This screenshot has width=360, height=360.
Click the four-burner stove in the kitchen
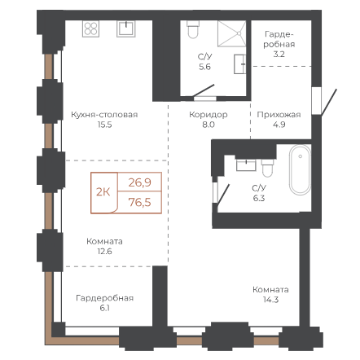click(90, 29)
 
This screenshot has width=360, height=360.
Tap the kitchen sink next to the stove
click(126, 29)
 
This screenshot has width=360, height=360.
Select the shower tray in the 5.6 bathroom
click(231, 33)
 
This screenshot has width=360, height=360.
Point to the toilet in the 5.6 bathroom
click(193, 29)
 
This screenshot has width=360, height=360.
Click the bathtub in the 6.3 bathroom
click(300, 169)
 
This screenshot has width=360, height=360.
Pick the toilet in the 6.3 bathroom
click(267, 168)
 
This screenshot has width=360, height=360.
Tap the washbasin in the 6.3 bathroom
click(246, 165)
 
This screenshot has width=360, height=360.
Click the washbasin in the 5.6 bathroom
click(240, 64)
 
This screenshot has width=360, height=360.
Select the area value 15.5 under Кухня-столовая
click(104, 125)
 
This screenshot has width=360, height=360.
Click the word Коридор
click(209, 115)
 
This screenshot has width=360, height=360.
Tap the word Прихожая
click(279, 115)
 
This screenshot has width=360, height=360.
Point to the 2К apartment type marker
click(103, 192)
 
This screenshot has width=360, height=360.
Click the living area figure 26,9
click(139, 182)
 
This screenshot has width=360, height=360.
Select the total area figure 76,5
click(139, 202)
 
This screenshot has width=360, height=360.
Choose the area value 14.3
click(270, 300)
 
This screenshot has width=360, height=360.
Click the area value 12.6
click(104, 252)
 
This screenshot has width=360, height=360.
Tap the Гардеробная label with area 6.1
click(104, 298)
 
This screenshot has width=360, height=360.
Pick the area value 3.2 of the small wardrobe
click(279, 55)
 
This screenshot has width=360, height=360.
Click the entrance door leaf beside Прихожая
click(329, 102)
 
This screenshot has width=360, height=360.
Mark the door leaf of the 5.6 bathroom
click(204, 90)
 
